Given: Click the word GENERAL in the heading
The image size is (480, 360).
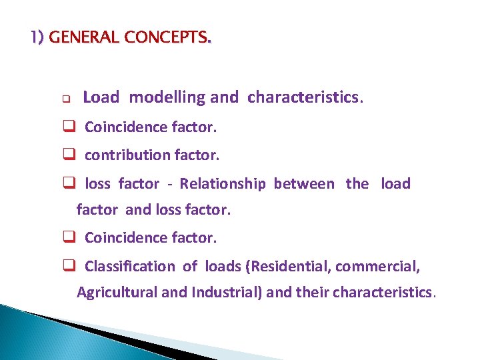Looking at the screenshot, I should [x=79, y=37].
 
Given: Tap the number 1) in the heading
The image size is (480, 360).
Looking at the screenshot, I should [x=37, y=37].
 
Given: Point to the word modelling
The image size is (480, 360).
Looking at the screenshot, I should [x=167, y=97].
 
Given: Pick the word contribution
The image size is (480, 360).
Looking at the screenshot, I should [x=127, y=155].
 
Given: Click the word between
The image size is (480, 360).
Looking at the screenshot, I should [x=304, y=184].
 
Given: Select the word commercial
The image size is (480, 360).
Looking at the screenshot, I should [x=377, y=267].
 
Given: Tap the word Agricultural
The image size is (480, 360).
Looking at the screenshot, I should [x=115, y=293].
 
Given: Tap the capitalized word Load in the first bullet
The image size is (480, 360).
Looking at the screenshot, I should [x=101, y=97].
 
